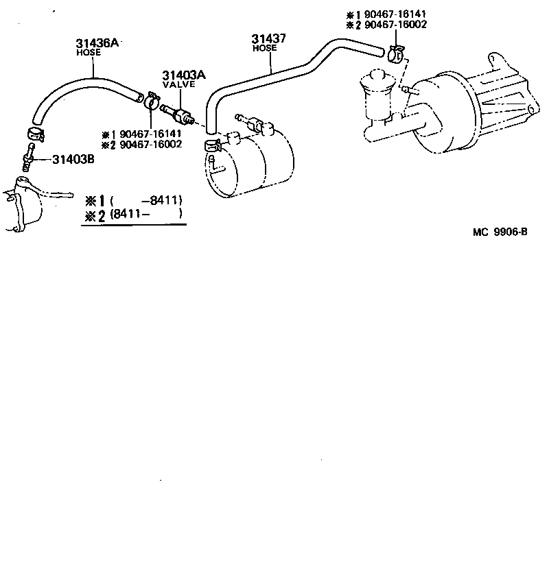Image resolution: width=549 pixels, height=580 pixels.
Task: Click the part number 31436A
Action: [97, 44]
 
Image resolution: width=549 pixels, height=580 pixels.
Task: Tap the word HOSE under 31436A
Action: [88, 52]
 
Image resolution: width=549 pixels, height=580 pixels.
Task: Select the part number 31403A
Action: [178, 75]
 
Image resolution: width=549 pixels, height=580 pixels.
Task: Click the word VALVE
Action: [178, 84]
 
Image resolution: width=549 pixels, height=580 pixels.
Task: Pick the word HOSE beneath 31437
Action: [264, 48]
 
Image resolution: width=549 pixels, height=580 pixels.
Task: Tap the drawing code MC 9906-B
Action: [500, 231]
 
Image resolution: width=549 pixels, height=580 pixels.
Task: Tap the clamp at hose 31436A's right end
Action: [152, 103]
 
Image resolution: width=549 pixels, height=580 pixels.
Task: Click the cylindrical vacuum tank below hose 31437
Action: [250, 166]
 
